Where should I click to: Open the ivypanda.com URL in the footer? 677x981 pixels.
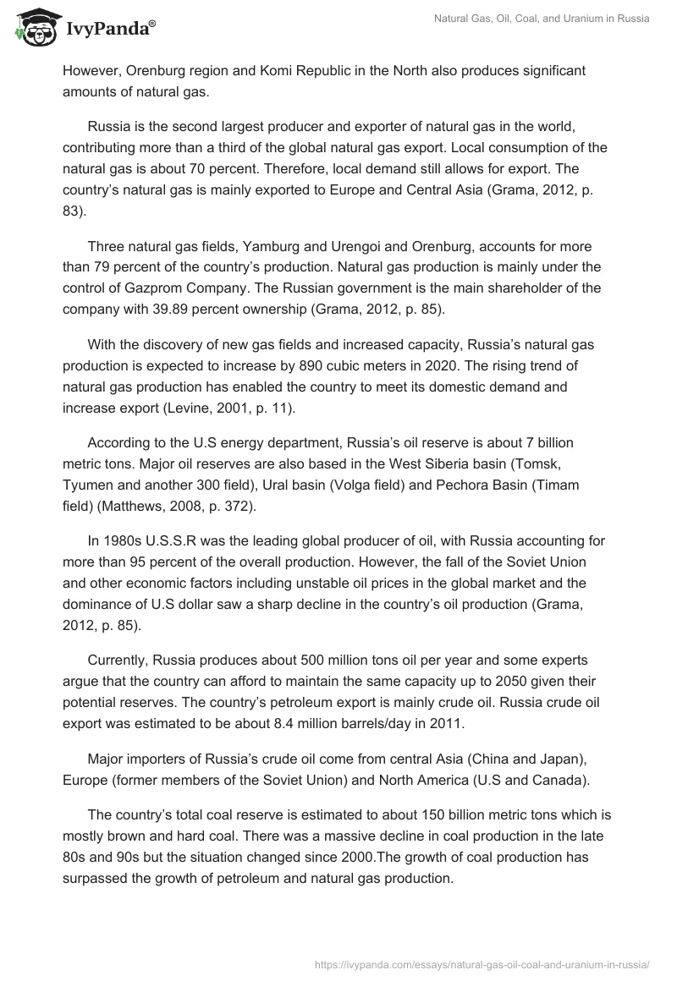tap(480, 962)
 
